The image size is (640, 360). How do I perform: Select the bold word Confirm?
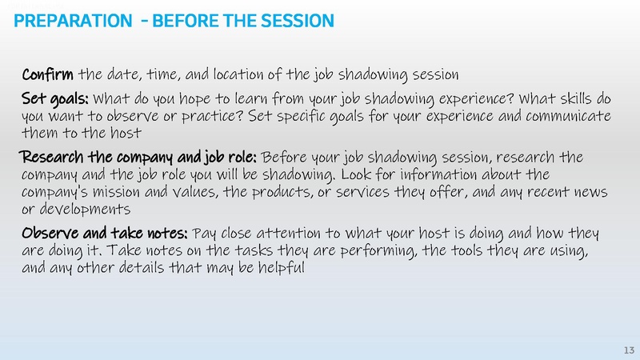(x=48, y=75)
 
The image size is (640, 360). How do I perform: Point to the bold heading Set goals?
(x=56, y=100)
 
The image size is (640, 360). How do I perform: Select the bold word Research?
(x=54, y=155)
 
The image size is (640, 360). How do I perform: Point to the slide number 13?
(x=628, y=350)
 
